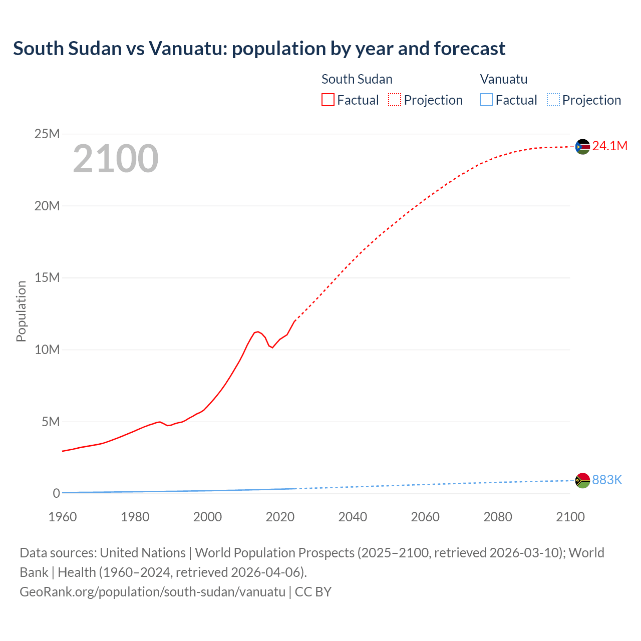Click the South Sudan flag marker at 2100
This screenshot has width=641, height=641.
582,147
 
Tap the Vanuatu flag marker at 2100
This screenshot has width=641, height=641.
582,480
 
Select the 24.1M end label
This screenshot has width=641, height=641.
609,146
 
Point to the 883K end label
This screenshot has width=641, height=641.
607,480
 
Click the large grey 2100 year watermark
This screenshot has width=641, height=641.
116,159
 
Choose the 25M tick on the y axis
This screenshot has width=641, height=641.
47,134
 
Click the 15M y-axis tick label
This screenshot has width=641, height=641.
47,277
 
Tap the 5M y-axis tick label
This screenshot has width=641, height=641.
51,422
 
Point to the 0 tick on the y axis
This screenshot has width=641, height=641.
56,493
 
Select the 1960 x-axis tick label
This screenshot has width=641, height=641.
63,517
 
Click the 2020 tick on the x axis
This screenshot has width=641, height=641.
280,517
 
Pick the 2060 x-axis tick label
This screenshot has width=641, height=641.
425,517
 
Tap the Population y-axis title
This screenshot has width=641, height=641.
21,311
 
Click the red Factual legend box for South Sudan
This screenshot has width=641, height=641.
328,100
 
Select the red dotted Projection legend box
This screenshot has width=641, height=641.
395,100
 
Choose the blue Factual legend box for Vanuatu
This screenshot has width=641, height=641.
486,100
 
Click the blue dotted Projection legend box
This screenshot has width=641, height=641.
553,100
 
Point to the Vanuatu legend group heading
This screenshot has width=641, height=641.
503,79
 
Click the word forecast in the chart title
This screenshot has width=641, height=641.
470,49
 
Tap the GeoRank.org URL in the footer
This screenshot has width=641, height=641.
152,591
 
